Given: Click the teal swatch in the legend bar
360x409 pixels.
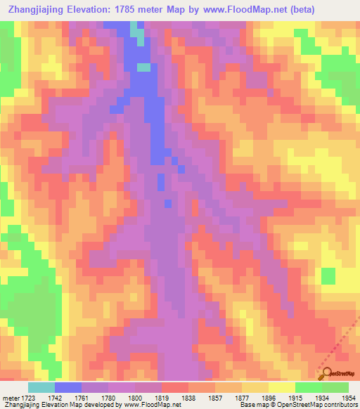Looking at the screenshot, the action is coord(41,387).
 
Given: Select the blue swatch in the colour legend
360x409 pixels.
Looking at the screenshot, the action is coord(67,387).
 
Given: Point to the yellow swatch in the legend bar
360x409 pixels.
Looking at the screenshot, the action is coord(281,387).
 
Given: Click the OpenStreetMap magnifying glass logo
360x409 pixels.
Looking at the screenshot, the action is coord(326,372).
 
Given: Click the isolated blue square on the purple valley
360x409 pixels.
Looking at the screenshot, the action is coord(167,203).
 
